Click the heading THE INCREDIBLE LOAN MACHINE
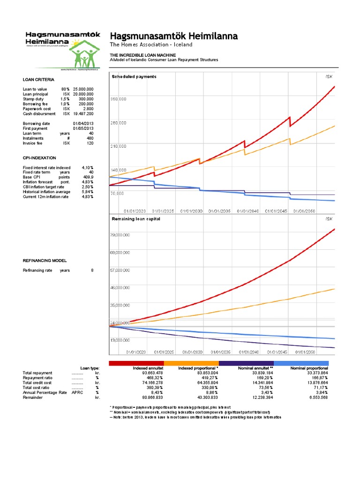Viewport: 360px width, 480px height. coord(136,55)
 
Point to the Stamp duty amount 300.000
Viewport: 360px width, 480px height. coord(86,99)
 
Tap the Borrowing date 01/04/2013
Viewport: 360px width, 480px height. coord(83,123)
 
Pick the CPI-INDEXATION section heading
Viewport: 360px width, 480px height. coord(39,158)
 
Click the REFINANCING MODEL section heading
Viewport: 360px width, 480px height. coord(45,260)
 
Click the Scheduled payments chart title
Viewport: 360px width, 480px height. coord(134,76)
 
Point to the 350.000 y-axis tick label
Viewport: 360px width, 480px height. coord(118,99)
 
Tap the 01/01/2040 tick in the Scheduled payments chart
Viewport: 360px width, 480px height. coord(247,211)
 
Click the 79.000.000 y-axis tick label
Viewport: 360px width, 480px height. coord(120,234)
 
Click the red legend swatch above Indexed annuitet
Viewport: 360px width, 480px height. coord(136,363)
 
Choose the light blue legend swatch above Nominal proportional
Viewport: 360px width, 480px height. coord(301,363)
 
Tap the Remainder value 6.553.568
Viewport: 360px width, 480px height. coord(315,397)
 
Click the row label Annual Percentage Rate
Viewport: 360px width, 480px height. coord(45,392)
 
